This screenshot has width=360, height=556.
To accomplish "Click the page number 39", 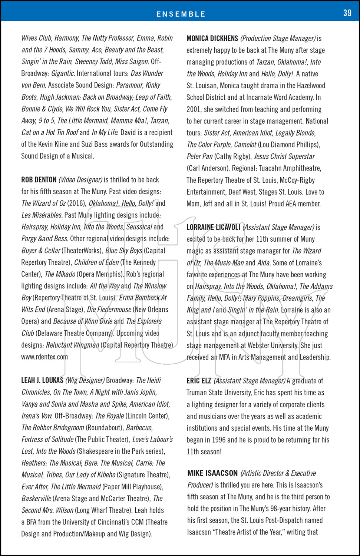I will pos(347,13).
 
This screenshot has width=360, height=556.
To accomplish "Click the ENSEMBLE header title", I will pos(181,14).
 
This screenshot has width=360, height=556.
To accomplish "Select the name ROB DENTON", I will pos(39,180).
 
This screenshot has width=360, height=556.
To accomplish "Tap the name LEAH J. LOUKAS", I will pos(42,380).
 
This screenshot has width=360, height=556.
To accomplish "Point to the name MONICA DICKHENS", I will pos(212,39).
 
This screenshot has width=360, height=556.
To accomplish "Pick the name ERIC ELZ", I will pos(199,381).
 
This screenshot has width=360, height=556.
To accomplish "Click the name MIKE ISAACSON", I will pos(212,473).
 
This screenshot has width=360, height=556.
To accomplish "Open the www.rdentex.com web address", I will pos(44,357).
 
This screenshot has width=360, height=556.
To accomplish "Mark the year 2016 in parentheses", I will pos(76,203).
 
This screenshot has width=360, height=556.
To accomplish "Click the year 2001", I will pos(194,109).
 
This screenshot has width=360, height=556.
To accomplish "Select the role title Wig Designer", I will pos(85,380).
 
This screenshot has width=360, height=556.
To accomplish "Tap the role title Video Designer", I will pos(80,180).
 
